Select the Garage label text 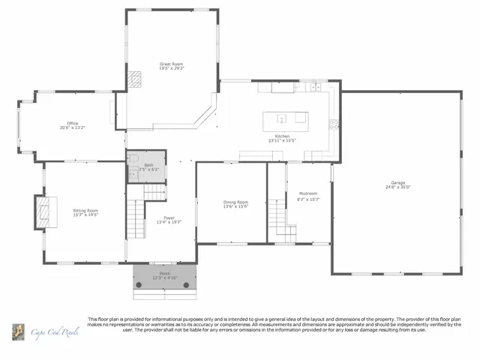coord(397,183)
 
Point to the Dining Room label coord(235,202)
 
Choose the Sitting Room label coord(85,211)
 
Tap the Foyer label coord(169,217)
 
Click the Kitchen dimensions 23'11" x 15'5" coord(283,140)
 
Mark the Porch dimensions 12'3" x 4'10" coord(164,278)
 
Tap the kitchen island coord(284,118)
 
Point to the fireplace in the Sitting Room coord(43,211)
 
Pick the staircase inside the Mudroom coord(277,217)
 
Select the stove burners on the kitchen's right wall coord(334,124)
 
